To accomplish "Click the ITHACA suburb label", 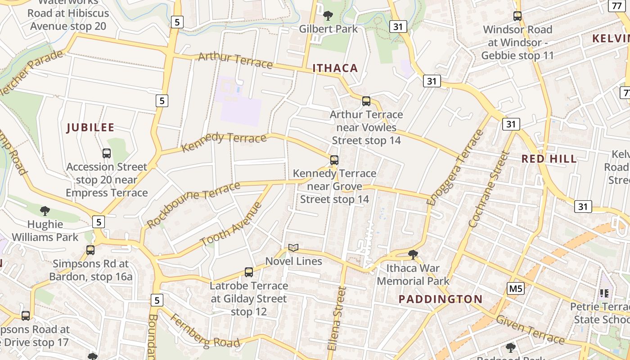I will pos(335,68).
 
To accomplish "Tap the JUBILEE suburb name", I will pos(90,128).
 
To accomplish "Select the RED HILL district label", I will pos(549,159).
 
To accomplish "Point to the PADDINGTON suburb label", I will pos(441,299).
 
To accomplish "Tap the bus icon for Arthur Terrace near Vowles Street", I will pos(366,101).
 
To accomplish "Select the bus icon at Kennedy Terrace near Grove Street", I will pos(334,160).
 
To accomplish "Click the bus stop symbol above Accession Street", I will pos(107,153).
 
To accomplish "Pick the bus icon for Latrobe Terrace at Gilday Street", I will pos(249,272).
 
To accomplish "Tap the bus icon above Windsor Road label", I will pos(517,17).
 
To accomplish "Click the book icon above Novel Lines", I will pos(293,247).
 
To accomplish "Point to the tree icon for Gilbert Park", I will pos(328,16).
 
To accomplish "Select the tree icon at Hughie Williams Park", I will pos(45,211).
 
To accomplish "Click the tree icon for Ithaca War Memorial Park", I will pos(413,255).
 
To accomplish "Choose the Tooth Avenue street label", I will pos(231,225).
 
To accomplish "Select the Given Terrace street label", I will pos(530,329).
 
